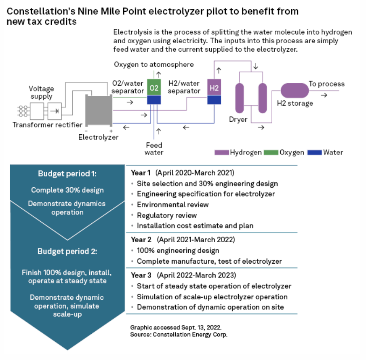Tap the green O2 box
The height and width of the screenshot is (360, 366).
154,88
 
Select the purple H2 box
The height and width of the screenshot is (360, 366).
214,87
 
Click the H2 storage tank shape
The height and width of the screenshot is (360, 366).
294,90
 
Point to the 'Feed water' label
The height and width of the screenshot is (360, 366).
154,148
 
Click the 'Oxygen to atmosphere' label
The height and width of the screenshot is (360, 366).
154,64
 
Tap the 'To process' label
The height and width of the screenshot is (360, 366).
326,84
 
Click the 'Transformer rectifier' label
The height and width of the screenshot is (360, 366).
47,125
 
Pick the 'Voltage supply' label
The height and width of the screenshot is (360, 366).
41,92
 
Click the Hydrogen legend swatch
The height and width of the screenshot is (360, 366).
221,152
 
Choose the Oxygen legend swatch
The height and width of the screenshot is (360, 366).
271,152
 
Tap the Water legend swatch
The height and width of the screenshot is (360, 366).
315,152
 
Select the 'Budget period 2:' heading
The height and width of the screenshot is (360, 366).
67,251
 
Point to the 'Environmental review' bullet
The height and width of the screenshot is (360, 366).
172,204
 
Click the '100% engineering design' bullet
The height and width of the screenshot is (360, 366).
178,250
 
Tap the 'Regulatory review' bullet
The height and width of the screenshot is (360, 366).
166,215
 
